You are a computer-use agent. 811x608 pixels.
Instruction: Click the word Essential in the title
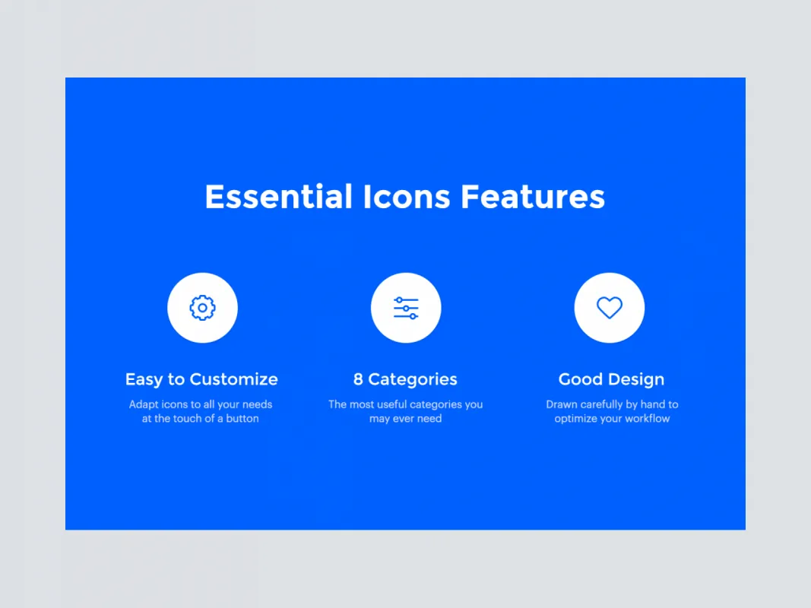[x=278, y=197]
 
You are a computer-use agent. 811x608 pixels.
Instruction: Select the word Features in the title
[x=533, y=197]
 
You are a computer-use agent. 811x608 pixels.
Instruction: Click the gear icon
[x=202, y=308]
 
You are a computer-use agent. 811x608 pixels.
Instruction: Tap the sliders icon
[x=406, y=308]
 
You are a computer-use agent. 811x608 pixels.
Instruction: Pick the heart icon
[x=610, y=308]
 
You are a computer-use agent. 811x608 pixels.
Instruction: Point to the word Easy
[x=144, y=379]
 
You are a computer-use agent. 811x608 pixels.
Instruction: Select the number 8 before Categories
[x=358, y=379]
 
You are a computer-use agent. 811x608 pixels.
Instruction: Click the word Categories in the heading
[x=413, y=379]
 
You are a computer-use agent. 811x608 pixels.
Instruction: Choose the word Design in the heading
[x=638, y=379]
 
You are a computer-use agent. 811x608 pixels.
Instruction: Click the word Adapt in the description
[x=143, y=404]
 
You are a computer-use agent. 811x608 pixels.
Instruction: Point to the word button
[x=242, y=419]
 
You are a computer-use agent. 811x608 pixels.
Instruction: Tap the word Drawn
[x=562, y=404]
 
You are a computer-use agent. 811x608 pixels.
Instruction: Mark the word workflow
[x=646, y=419]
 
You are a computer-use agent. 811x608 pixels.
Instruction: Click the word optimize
[x=576, y=419]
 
